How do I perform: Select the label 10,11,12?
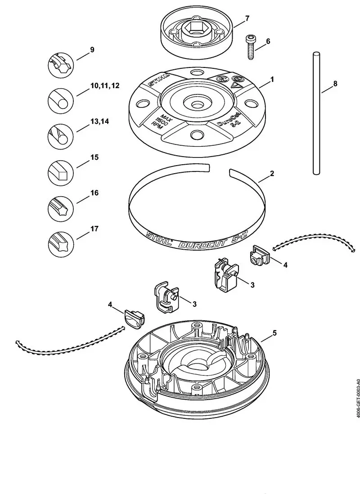point(105,85)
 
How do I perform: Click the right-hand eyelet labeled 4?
point(258,256)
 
